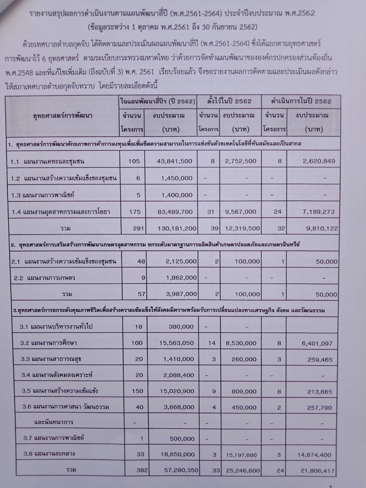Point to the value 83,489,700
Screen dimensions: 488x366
(175, 212)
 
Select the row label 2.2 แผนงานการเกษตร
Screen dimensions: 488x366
(45, 278)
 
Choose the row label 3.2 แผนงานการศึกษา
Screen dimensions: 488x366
(49, 343)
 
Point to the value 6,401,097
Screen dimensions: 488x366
(317, 344)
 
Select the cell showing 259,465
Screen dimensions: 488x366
(320, 360)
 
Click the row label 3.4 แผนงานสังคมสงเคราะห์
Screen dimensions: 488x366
(57, 375)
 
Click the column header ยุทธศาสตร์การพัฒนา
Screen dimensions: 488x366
(63, 116)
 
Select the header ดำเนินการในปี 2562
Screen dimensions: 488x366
(301, 101)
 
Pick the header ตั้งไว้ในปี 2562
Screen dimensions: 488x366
(230, 101)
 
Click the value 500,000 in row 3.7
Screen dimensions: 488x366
(182, 439)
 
